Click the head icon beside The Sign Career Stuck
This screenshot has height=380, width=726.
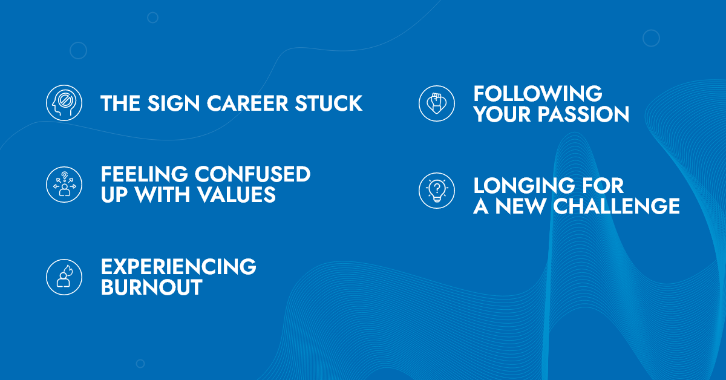[64, 103]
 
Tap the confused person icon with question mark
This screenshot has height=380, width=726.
[64, 185]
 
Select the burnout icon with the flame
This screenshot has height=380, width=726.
[64, 277]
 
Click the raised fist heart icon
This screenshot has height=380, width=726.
[437, 103]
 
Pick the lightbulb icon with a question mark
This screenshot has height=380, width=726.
[437, 191]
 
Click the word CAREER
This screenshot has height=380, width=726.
[247, 103]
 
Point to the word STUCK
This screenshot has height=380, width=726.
[329, 103]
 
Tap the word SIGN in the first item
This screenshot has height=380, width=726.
[174, 103]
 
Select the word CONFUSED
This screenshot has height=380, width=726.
[252, 174]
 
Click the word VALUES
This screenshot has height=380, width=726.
[237, 195]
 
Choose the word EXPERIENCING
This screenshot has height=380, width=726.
[178, 266]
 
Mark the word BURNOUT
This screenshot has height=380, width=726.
[152, 287]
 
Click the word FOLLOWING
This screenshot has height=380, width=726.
[538, 94]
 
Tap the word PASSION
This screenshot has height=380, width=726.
[583, 114]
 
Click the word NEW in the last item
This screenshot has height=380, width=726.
[520, 206]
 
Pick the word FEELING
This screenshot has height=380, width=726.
[144, 174]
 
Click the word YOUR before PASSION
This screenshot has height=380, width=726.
[502, 114]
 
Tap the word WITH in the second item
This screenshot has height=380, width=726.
[162, 195]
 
